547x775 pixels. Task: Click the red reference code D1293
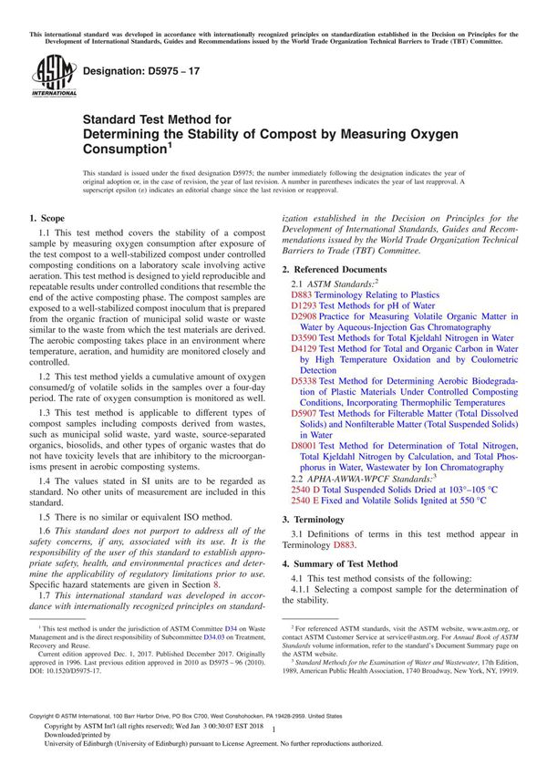[303, 307]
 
